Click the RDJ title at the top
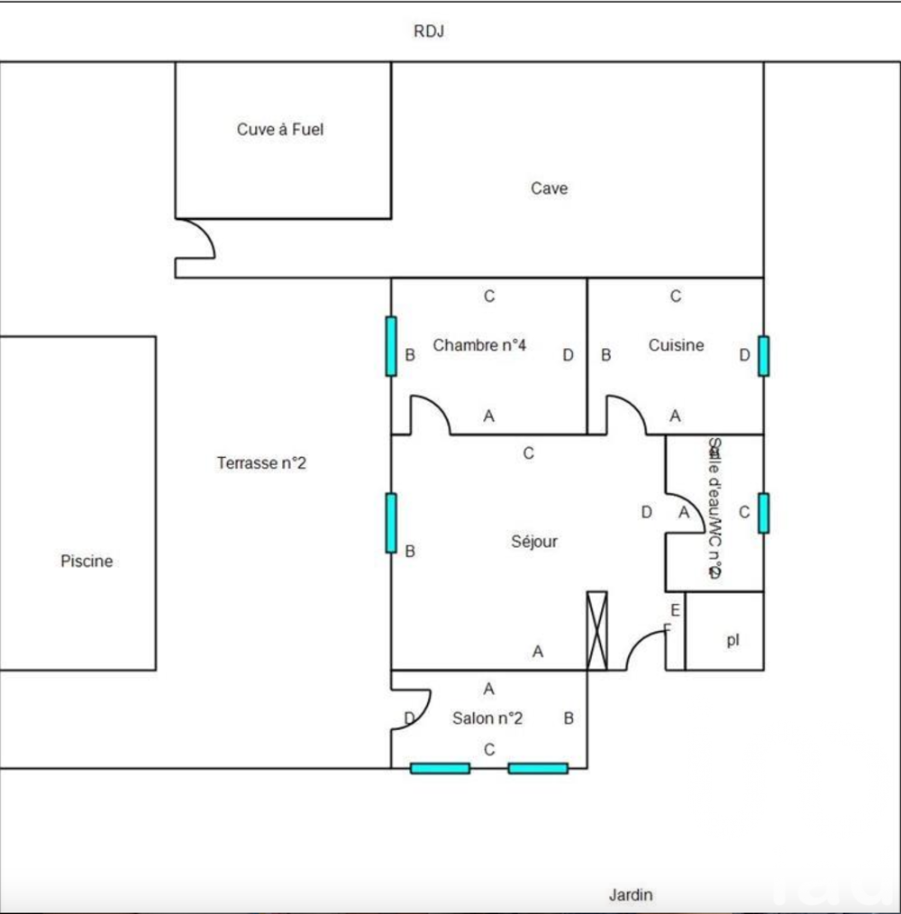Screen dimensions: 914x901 tap(429, 32)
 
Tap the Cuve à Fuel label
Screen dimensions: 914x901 tap(280, 130)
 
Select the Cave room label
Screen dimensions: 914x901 tap(549, 188)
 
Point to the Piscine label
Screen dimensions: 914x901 tap(86, 561)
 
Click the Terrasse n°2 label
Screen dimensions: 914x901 tap(262, 463)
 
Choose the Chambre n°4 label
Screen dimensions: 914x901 tap(479, 345)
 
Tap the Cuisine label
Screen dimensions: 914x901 tap(676, 345)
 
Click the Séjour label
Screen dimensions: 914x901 tap(534, 542)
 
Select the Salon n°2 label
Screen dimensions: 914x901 tap(487, 718)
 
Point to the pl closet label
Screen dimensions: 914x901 tap(733, 642)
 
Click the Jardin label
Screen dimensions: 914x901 tap(631, 895)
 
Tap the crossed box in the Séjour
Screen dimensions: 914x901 tap(596, 631)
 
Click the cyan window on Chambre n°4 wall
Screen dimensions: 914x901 tap(391, 346)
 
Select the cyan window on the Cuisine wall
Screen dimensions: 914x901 tap(763, 355)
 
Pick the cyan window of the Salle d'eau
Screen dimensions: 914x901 tap(763, 513)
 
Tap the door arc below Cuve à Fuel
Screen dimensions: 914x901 tap(196, 239)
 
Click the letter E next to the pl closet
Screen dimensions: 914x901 tap(675, 610)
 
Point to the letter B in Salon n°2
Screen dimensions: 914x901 tap(569, 718)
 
